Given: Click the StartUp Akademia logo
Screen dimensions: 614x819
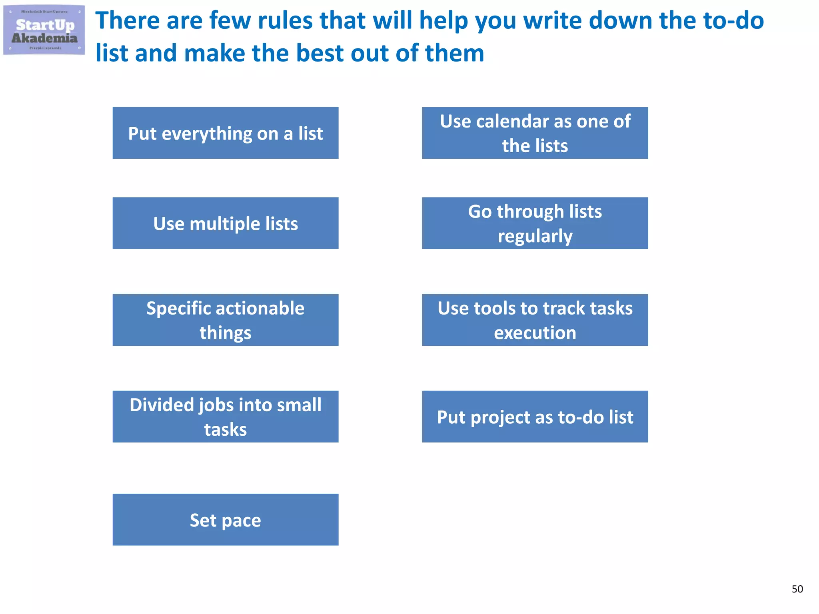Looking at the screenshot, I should pyautogui.click(x=44, y=30).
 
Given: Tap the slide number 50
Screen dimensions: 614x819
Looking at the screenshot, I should pyautogui.click(x=797, y=589).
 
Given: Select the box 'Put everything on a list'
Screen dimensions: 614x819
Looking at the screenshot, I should pyautogui.click(x=225, y=133).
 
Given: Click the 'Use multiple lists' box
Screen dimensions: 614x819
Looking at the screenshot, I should pyautogui.click(x=225, y=223).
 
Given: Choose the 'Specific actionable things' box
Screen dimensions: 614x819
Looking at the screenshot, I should pyautogui.click(x=225, y=320).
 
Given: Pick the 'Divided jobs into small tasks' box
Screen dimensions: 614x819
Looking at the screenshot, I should pyautogui.click(x=225, y=417).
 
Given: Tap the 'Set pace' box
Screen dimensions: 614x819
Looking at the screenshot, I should pyautogui.click(x=225, y=520).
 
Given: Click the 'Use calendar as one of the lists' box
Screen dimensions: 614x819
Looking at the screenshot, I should pyautogui.click(x=535, y=133).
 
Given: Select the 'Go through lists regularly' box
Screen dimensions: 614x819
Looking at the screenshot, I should pyautogui.click(x=535, y=223).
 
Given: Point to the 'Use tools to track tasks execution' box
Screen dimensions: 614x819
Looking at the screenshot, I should pyautogui.click(x=535, y=320).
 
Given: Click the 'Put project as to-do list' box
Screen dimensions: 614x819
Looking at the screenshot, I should pyautogui.click(x=535, y=417).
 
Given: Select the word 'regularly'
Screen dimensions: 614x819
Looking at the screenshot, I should pyautogui.click(x=535, y=236).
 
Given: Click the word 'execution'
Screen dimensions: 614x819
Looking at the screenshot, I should pyautogui.click(x=535, y=333).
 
